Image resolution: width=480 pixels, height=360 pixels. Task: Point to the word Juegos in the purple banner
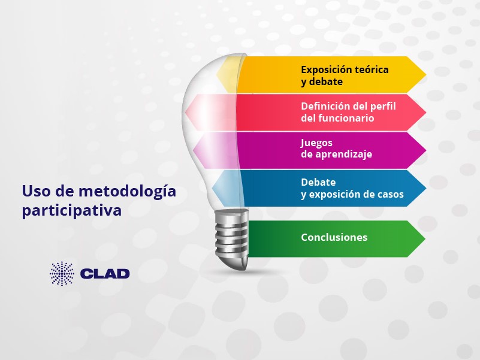click(312, 143)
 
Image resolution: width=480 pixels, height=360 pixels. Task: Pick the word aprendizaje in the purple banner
click(344, 155)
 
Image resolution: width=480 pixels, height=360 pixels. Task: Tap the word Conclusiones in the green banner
click(334, 237)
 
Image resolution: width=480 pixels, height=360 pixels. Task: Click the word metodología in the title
click(128, 192)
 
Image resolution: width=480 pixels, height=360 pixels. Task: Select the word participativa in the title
click(72, 211)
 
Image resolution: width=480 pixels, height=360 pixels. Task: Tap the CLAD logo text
click(105, 274)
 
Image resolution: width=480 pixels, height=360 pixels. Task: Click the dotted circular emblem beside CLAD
click(62, 273)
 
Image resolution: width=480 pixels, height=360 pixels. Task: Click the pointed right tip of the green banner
click(425, 238)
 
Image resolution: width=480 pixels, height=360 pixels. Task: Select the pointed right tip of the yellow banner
click(426, 74)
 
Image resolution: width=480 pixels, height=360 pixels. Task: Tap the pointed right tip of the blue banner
click(426, 188)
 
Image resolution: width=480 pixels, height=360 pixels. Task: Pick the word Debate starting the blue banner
click(318, 182)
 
